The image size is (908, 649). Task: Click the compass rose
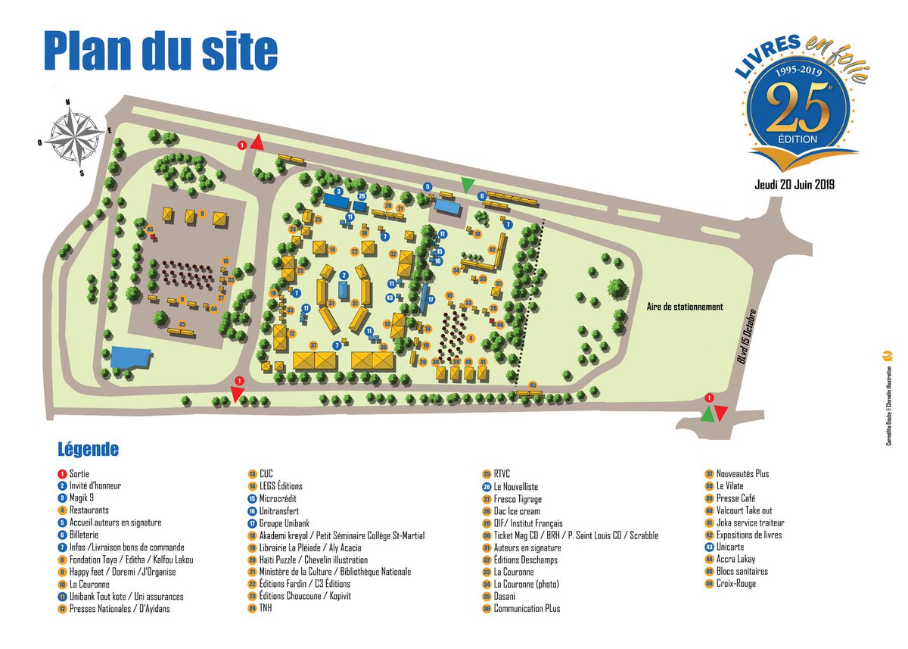pyautogui.click(x=76, y=137)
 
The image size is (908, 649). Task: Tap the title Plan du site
pyautogui.click(x=160, y=51)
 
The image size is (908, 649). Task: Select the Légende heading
pyautogui.click(x=89, y=449)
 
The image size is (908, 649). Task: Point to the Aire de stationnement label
pyautogui.click(x=685, y=307)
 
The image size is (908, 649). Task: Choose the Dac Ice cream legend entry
pyautogui.click(x=517, y=511)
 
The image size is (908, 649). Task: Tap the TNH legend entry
pyautogui.click(x=266, y=608)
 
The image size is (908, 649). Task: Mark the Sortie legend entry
pyautogui.click(x=79, y=473)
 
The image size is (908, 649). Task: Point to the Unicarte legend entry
pyautogui.click(x=731, y=547)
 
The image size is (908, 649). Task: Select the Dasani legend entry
pyautogui.click(x=504, y=596)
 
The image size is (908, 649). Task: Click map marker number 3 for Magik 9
pyautogui.click(x=339, y=192)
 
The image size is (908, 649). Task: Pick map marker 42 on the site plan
pyautogui.click(x=492, y=248)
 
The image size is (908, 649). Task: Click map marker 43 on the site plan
pyautogui.click(x=390, y=298)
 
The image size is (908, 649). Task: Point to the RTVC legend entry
pyautogui.click(x=502, y=474)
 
